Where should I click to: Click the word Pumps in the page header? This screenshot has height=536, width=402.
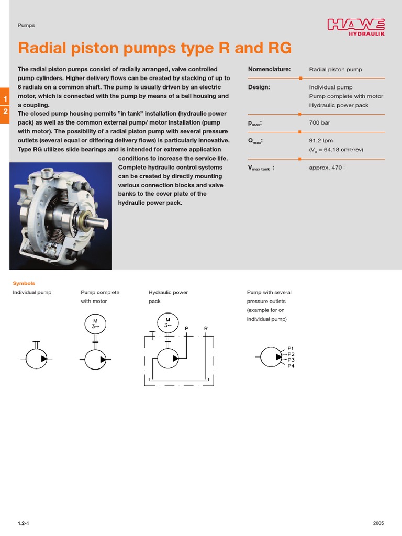(26, 25)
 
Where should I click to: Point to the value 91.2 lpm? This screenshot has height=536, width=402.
(321, 141)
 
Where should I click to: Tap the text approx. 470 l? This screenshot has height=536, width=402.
(327, 167)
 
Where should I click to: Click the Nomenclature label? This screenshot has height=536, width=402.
(269, 69)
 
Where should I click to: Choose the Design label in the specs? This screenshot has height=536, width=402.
(259, 87)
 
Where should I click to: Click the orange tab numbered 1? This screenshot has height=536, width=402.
(5, 99)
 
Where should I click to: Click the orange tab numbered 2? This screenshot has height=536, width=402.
(5, 111)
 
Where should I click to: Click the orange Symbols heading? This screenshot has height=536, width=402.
(24, 283)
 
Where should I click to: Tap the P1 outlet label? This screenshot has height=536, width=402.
(291, 348)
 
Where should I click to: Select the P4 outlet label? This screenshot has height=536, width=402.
(291, 366)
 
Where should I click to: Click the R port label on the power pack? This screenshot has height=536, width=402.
(206, 329)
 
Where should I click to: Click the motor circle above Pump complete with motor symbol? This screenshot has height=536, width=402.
(95, 323)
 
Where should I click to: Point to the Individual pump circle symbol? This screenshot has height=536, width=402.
(36, 359)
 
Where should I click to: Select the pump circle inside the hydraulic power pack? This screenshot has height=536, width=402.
(168, 359)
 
